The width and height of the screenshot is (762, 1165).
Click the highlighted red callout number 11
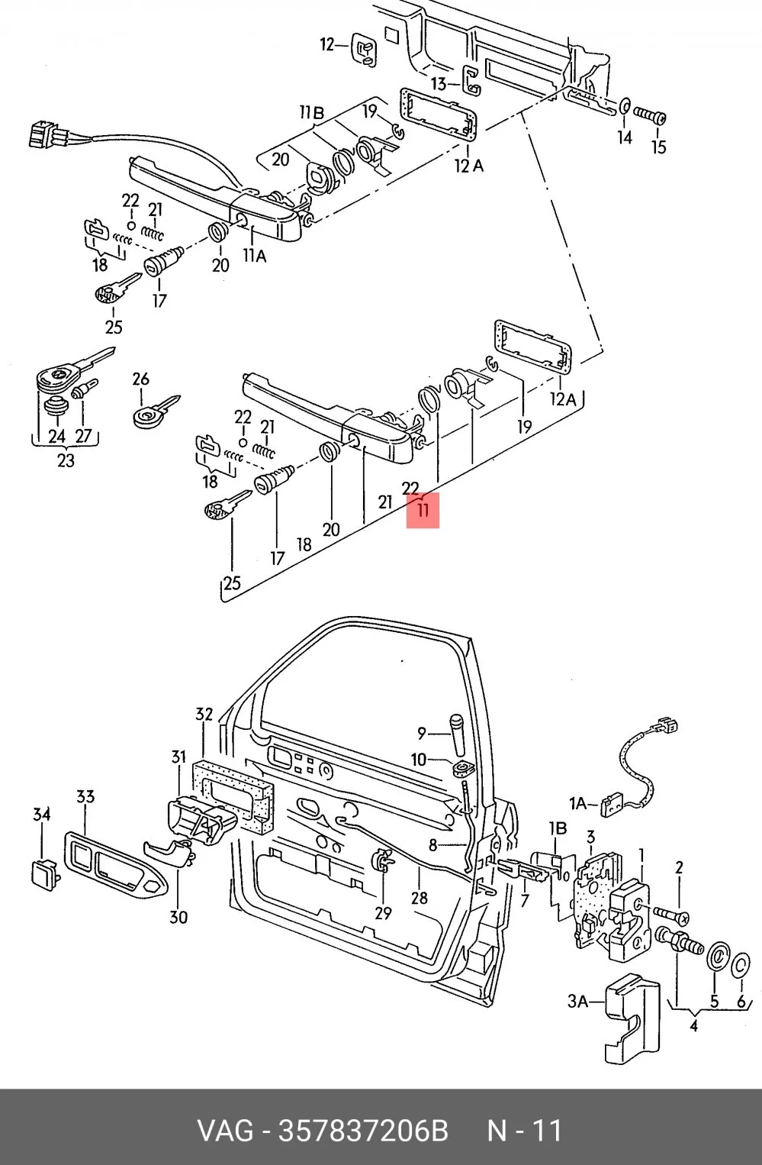click(423, 510)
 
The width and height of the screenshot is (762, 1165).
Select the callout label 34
click(42, 815)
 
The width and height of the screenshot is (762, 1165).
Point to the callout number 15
click(658, 147)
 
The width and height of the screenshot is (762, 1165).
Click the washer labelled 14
click(625, 106)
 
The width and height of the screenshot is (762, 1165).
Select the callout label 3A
click(577, 1001)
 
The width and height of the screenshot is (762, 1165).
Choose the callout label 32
click(204, 714)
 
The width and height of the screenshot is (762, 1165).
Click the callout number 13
click(439, 84)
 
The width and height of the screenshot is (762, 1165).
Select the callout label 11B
click(312, 112)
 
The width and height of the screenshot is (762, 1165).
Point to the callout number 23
click(66, 460)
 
